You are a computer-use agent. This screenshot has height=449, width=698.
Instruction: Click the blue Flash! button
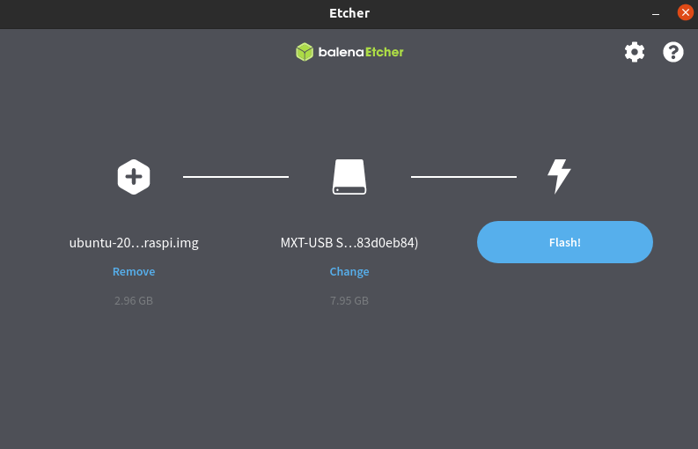565,242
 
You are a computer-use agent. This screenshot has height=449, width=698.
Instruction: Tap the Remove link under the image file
134,271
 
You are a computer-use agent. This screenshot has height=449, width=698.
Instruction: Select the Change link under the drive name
349,271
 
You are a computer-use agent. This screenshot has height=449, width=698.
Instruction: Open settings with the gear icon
635,52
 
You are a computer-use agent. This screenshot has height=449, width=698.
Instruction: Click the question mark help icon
673,52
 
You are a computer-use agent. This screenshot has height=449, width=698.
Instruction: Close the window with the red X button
686,12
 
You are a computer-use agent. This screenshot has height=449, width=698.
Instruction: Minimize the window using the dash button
656,14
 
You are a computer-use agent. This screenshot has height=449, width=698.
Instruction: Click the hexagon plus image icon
134,177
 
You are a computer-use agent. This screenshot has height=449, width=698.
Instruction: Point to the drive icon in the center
349,177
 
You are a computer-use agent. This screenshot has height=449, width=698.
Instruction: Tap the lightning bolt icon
559,176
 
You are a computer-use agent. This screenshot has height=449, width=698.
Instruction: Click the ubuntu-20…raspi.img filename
134,243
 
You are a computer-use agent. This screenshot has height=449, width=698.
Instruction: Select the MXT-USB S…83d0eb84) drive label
349,243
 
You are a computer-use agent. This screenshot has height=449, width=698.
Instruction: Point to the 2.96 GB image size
134,301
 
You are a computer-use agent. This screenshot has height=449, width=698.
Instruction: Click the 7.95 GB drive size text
349,301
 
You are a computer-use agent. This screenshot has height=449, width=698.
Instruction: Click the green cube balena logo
305,52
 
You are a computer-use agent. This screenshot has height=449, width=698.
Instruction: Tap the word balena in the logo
341,52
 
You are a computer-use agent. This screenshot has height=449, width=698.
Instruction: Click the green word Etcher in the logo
385,52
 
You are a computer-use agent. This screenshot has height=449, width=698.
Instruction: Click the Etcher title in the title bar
349,13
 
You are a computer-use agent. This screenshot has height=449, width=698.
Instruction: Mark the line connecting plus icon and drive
236,177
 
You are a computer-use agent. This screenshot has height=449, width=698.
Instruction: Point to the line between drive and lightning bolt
464,177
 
